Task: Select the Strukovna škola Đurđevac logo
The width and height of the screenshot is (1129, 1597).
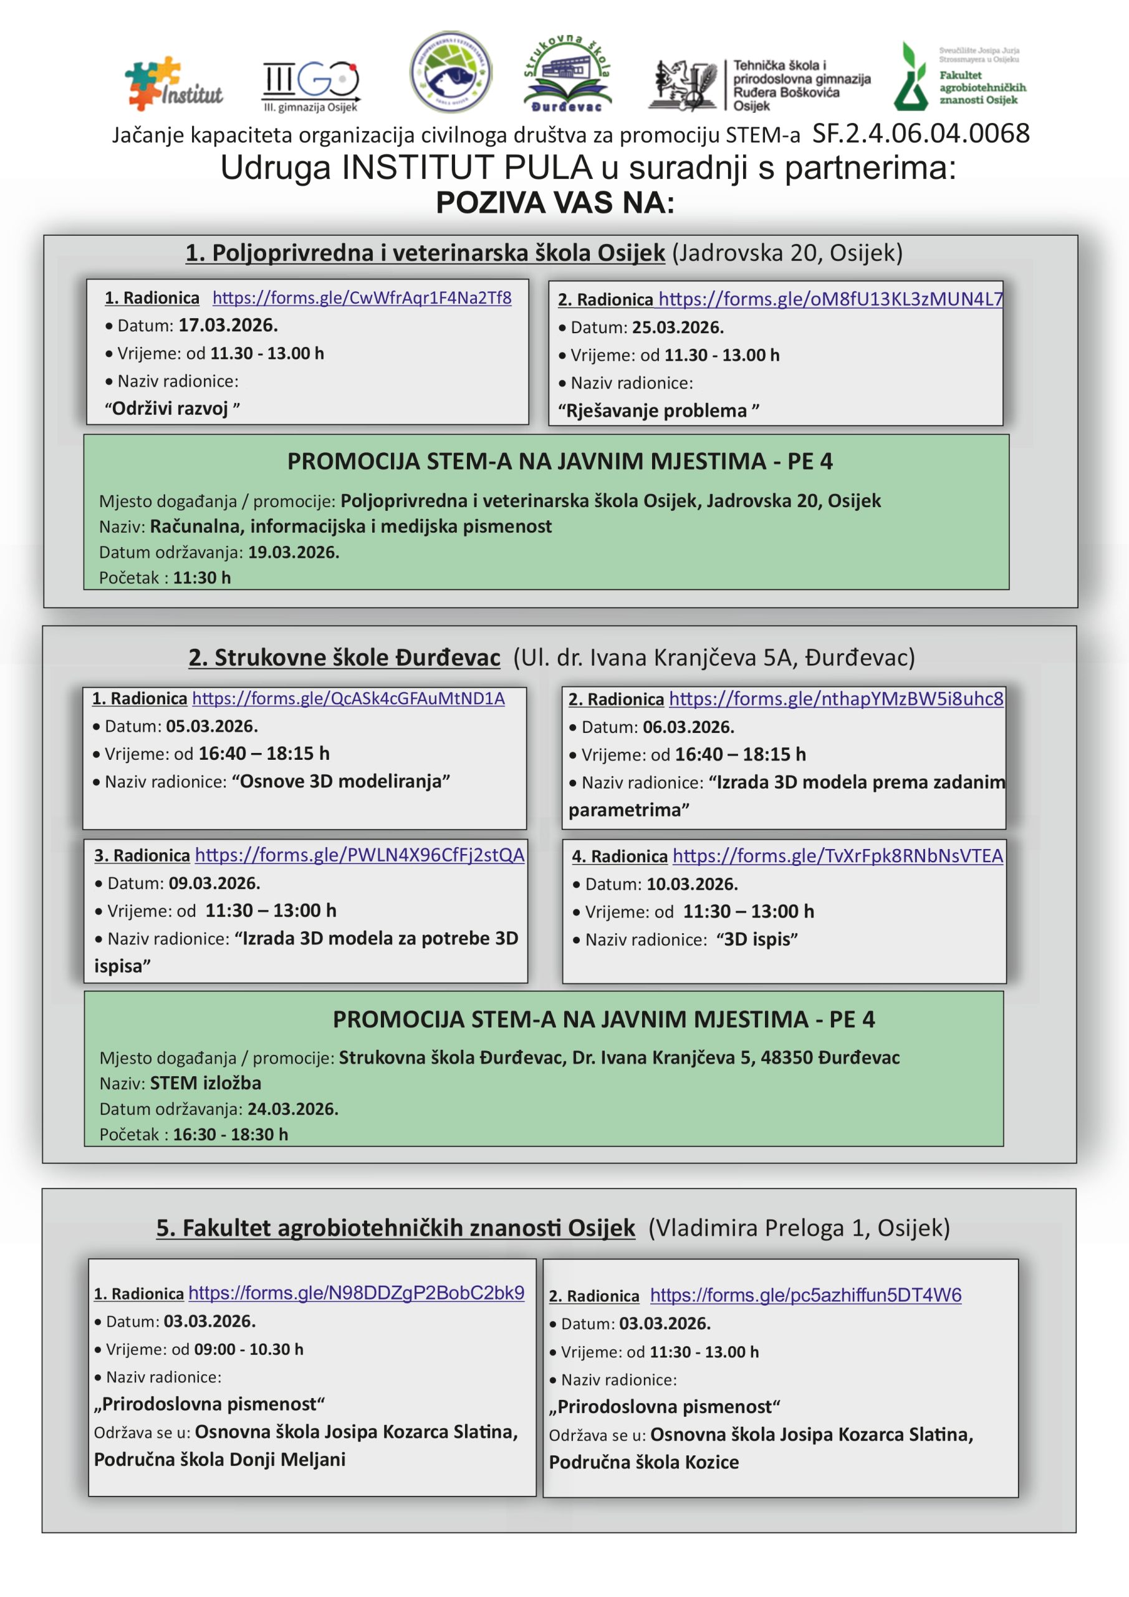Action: tap(567, 74)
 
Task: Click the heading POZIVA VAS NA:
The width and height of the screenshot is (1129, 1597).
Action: tap(555, 203)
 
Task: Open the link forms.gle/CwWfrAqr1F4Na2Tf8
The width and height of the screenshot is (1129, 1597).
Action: tap(362, 298)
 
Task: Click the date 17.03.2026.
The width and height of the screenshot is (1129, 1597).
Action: tap(228, 326)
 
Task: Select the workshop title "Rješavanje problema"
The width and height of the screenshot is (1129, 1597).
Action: tap(658, 411)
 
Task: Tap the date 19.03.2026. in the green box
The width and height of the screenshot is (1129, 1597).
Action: tap(294, 552)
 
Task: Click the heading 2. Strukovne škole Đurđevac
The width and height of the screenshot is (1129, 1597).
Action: tap(344, 658)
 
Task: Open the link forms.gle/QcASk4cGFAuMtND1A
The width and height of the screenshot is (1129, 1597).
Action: tap(348, 698)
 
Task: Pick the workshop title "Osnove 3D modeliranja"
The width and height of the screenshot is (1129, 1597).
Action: tap(340, 781)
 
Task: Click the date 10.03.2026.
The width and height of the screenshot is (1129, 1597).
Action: tap(692, 884)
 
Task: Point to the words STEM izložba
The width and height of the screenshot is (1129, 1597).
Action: tap(206, 1083)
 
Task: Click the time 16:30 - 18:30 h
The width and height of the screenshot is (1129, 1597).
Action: tap(230, 1135)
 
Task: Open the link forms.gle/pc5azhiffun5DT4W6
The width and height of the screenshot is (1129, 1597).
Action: tap(805, 1295)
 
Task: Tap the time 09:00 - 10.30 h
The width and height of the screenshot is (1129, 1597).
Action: tap(249, 1349)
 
